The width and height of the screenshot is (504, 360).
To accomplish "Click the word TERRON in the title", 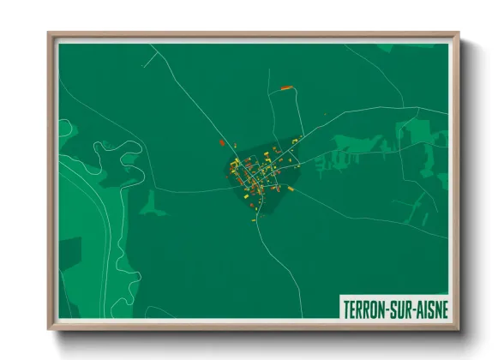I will point(364,308).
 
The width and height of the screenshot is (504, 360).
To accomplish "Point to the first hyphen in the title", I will point(386,308).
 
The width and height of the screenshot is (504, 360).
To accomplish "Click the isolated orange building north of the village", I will point(286,87).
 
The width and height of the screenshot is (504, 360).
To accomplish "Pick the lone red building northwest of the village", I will point(222,142).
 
